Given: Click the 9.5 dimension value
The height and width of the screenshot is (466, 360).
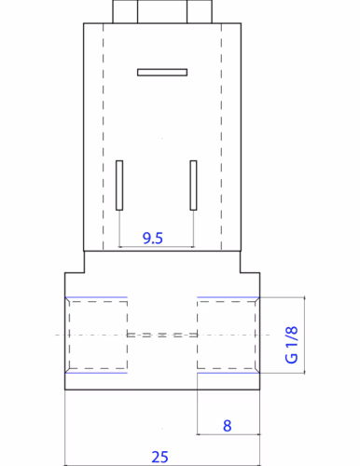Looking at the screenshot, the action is point(153,239).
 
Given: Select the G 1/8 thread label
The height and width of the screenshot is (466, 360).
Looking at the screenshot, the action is point(292,345).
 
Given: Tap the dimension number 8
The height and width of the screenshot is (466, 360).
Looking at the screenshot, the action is point(228,426).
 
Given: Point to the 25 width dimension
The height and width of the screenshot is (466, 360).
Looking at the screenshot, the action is point(159,457).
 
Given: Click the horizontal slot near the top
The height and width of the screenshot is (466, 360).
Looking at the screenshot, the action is point(162,73).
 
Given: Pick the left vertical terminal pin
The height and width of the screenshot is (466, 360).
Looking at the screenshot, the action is point(119,185).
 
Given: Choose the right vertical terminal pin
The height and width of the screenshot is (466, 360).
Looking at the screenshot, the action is point(193,185).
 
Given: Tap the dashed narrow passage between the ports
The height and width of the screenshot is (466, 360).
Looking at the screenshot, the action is point(162,335).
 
